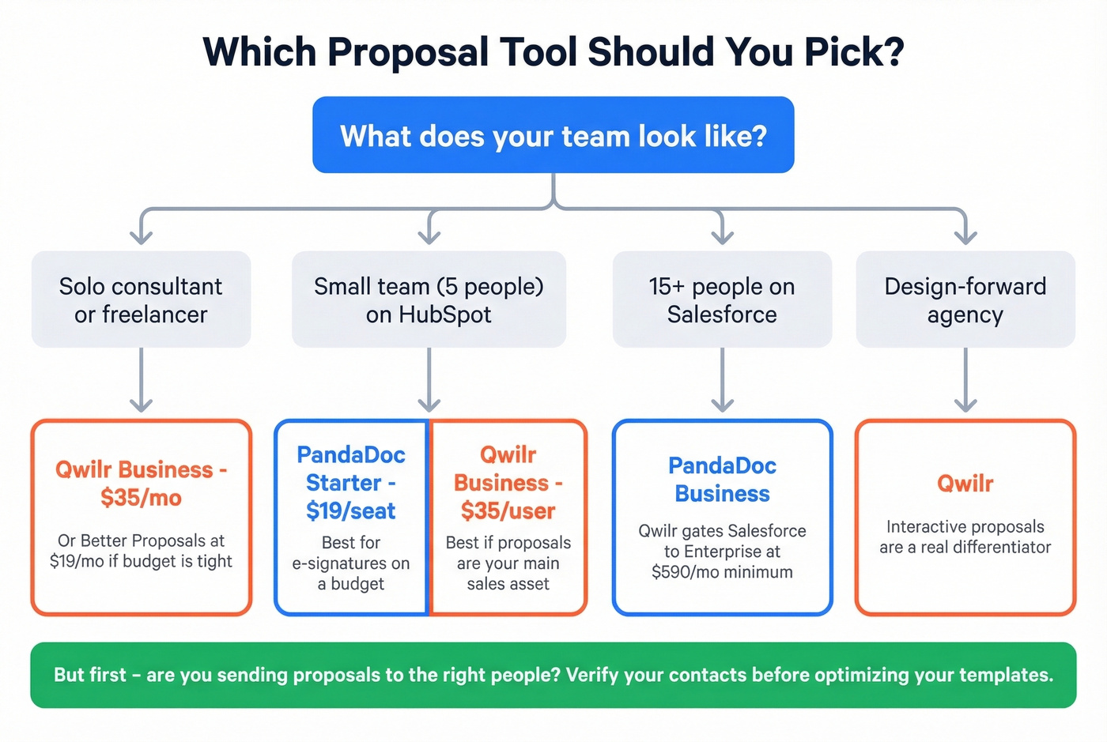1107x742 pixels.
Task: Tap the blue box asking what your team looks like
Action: coord(553,135)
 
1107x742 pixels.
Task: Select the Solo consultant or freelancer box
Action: coord(141,299)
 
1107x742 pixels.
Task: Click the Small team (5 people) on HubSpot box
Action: coord(429,299)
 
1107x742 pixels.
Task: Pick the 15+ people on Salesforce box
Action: coord(722,299)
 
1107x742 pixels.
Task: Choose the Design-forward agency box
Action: coord(965,299)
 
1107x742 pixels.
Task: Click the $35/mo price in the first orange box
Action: coord(141,498)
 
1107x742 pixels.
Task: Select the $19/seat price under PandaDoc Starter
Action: coord(350,511)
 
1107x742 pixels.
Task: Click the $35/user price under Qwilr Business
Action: coord(508,511)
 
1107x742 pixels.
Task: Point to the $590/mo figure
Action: coord(682,572)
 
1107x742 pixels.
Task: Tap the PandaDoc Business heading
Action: coord(722,480)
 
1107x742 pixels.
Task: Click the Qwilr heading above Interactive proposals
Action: coord(965,483)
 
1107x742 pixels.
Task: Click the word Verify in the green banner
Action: coord(592,675)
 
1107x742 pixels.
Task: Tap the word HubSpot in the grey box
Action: coord(445,315)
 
